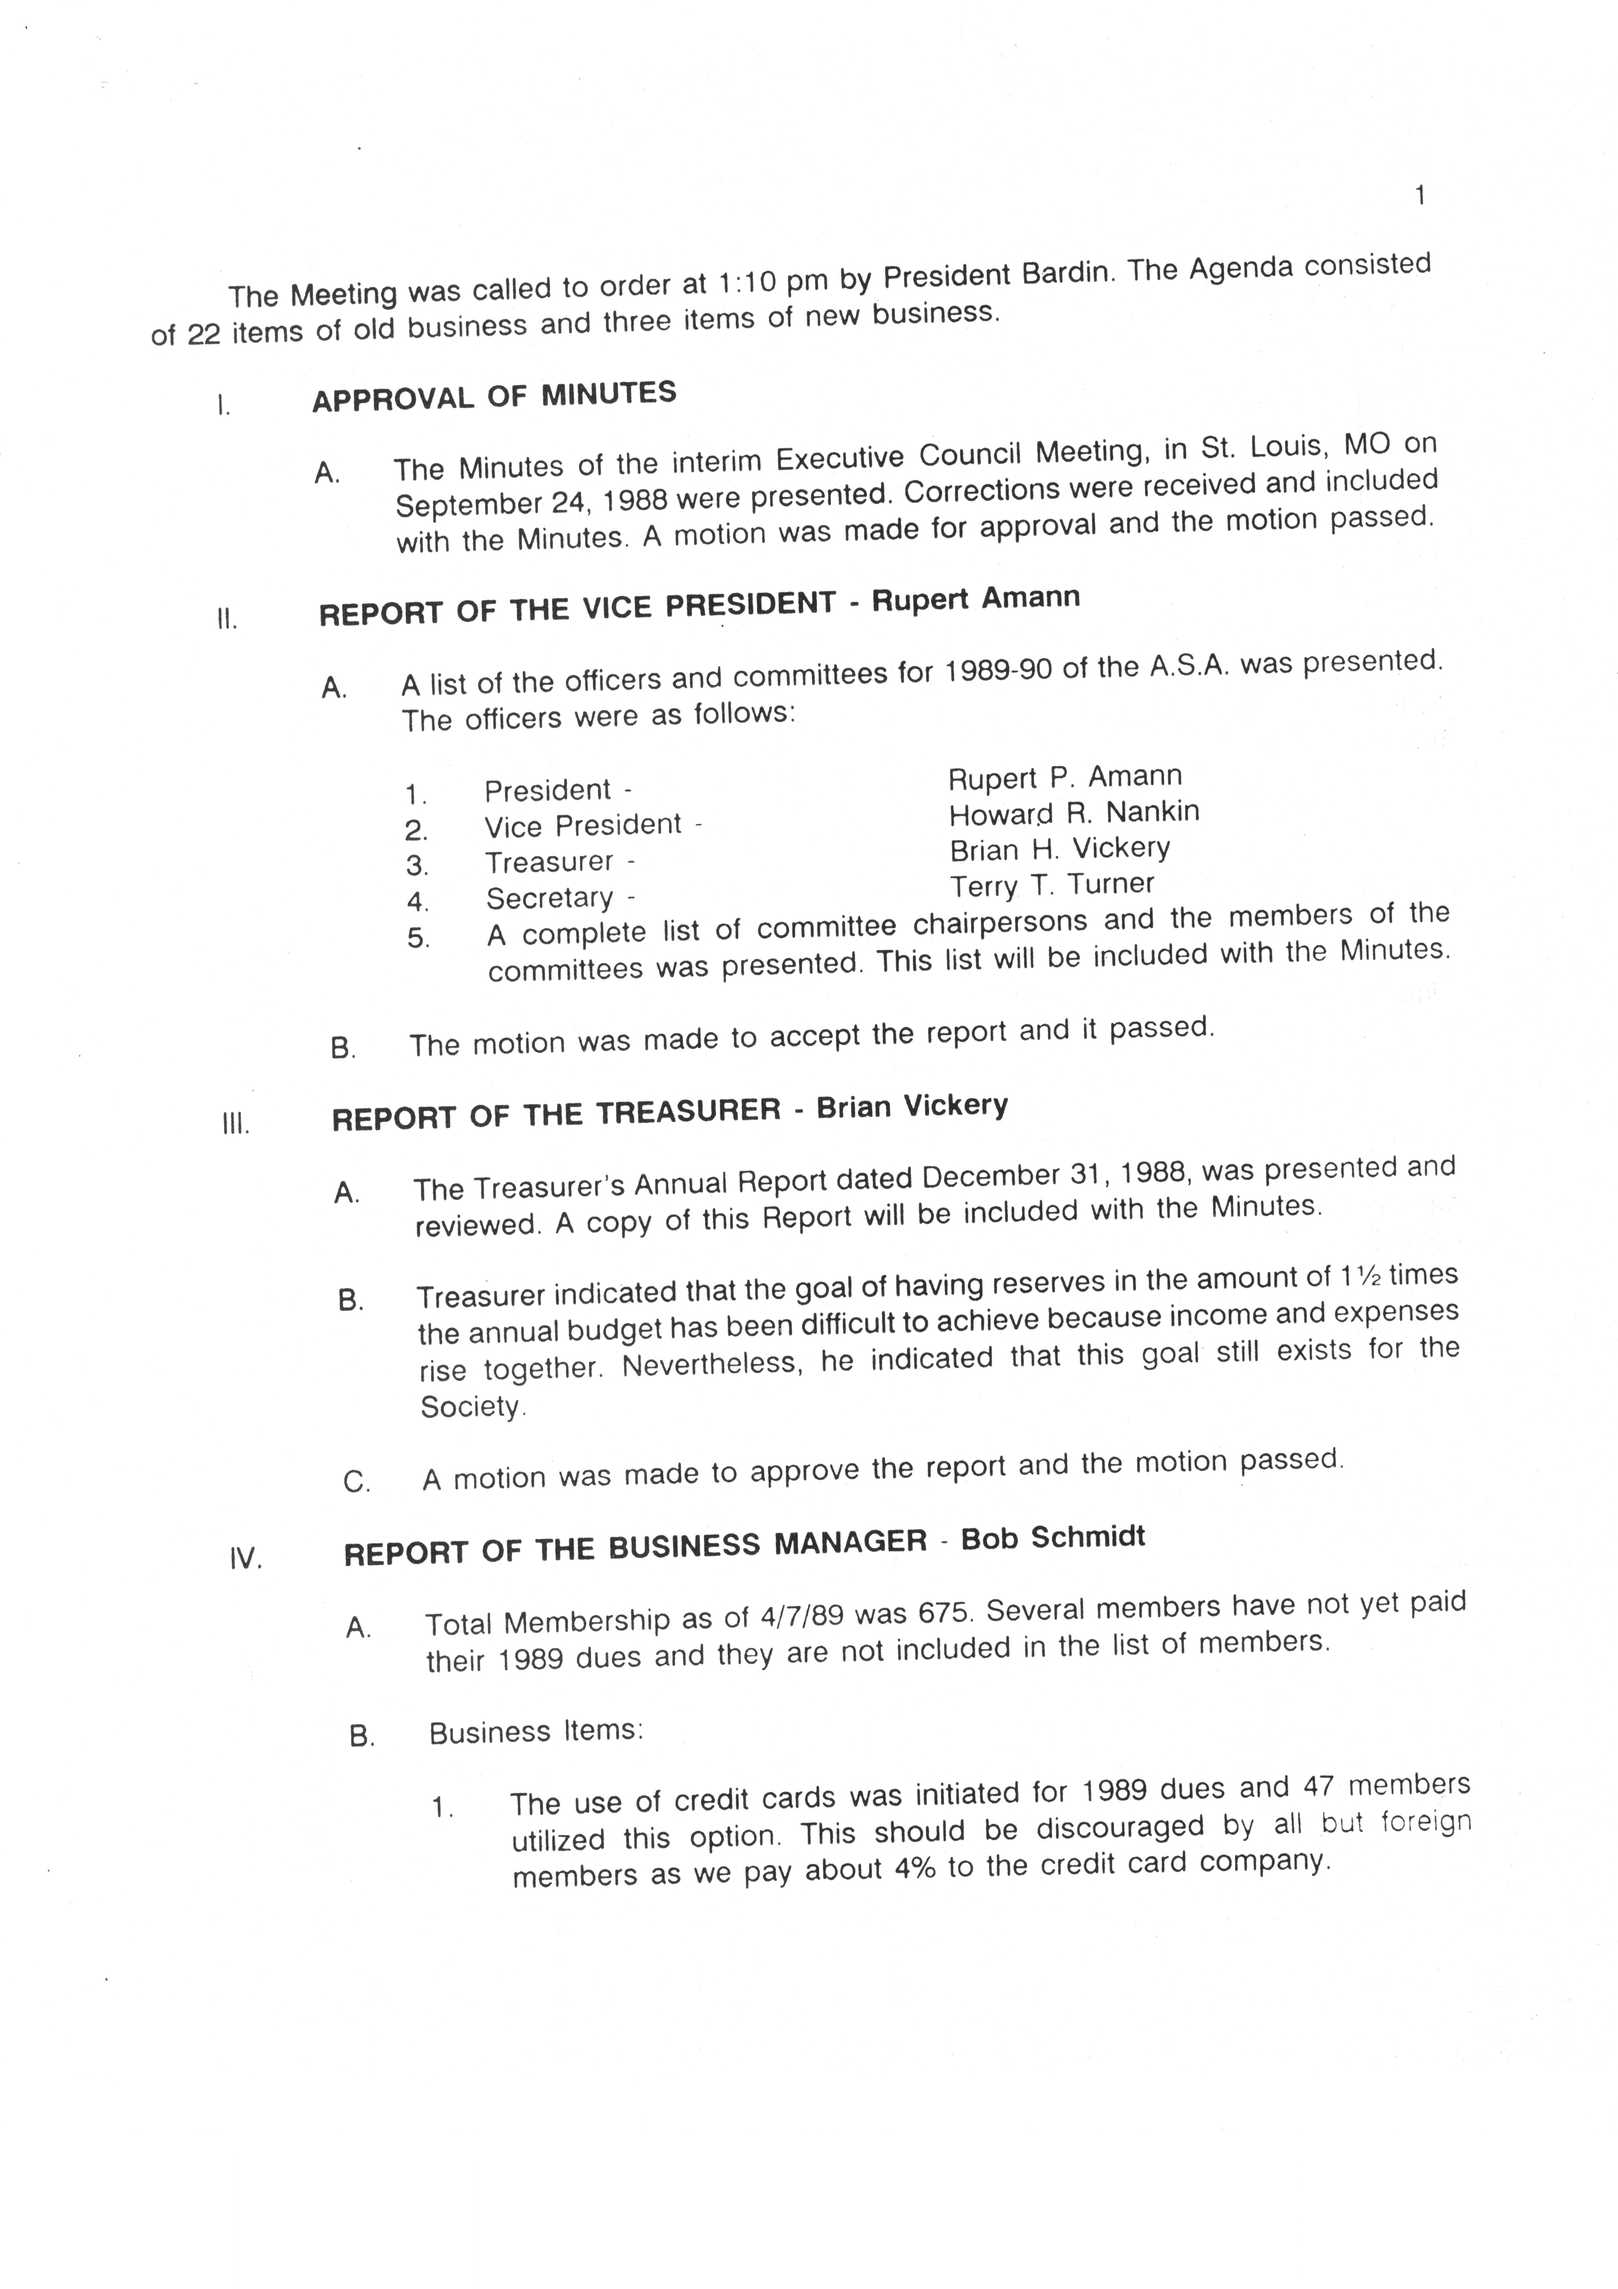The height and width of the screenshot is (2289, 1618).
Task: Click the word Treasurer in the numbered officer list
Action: (x=548, y=861)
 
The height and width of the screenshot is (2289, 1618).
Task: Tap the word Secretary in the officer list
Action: (x=549, y=898)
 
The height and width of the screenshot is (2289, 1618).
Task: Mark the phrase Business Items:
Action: (x=536, y=1732)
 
